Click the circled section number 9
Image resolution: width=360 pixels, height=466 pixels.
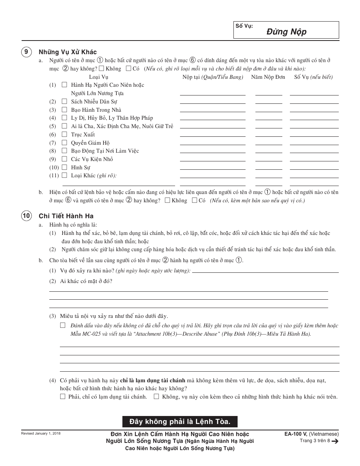click(26, 52)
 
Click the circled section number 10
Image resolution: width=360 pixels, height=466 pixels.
click(26, 216)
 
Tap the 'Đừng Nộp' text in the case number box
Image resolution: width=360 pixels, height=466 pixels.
click(291, 32)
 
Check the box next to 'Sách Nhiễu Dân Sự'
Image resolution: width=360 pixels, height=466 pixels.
click(64, 102)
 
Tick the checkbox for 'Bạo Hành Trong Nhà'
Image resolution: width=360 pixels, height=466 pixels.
click(64, 110)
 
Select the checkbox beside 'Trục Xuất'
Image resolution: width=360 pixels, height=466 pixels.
click(64, 134)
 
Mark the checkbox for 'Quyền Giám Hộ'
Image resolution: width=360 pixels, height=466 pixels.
click(64, 143)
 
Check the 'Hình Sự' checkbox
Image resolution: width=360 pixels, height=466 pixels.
click(64, 167)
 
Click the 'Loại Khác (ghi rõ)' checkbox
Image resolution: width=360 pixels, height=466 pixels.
click(64, 175)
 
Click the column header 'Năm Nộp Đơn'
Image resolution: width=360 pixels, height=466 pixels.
click(268, 77)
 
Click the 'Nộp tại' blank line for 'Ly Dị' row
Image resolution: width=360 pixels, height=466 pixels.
click(212, 119)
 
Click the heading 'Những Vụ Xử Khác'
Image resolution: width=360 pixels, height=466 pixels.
click(68, 52)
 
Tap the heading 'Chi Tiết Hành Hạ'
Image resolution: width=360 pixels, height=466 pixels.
click(66, 216)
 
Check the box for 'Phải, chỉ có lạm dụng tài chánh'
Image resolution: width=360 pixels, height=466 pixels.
click(63, 397)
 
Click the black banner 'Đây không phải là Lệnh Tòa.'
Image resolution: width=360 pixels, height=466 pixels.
click(180, 421)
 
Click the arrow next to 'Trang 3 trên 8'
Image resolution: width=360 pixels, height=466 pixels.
click(335, 441)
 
